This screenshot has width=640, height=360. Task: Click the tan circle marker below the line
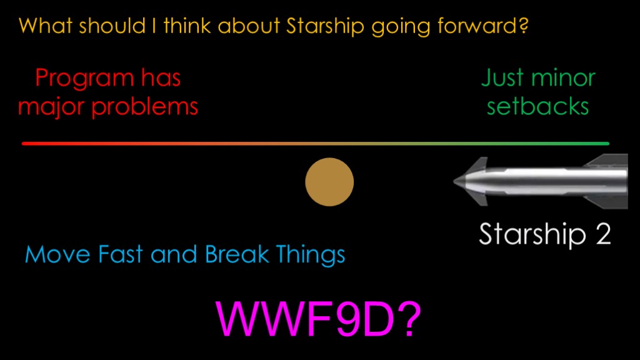pos(329,182)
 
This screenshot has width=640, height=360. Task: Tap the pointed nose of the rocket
pos(454,181)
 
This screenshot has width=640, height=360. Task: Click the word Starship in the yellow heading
pos(325,26)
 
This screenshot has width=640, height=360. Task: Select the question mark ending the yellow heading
pos(523,25)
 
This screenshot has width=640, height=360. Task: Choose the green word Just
pos(502,77)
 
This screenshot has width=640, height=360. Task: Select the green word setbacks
pos(537,107)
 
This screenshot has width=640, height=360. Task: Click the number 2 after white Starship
pos(603,234)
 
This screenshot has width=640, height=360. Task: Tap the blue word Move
pos(57,254)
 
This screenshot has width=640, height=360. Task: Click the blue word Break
pos(237,254)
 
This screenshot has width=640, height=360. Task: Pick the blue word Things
pos(311,255)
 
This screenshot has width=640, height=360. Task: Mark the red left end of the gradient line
pos(23,144)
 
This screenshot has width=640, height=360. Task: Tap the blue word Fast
pos(121,254)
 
